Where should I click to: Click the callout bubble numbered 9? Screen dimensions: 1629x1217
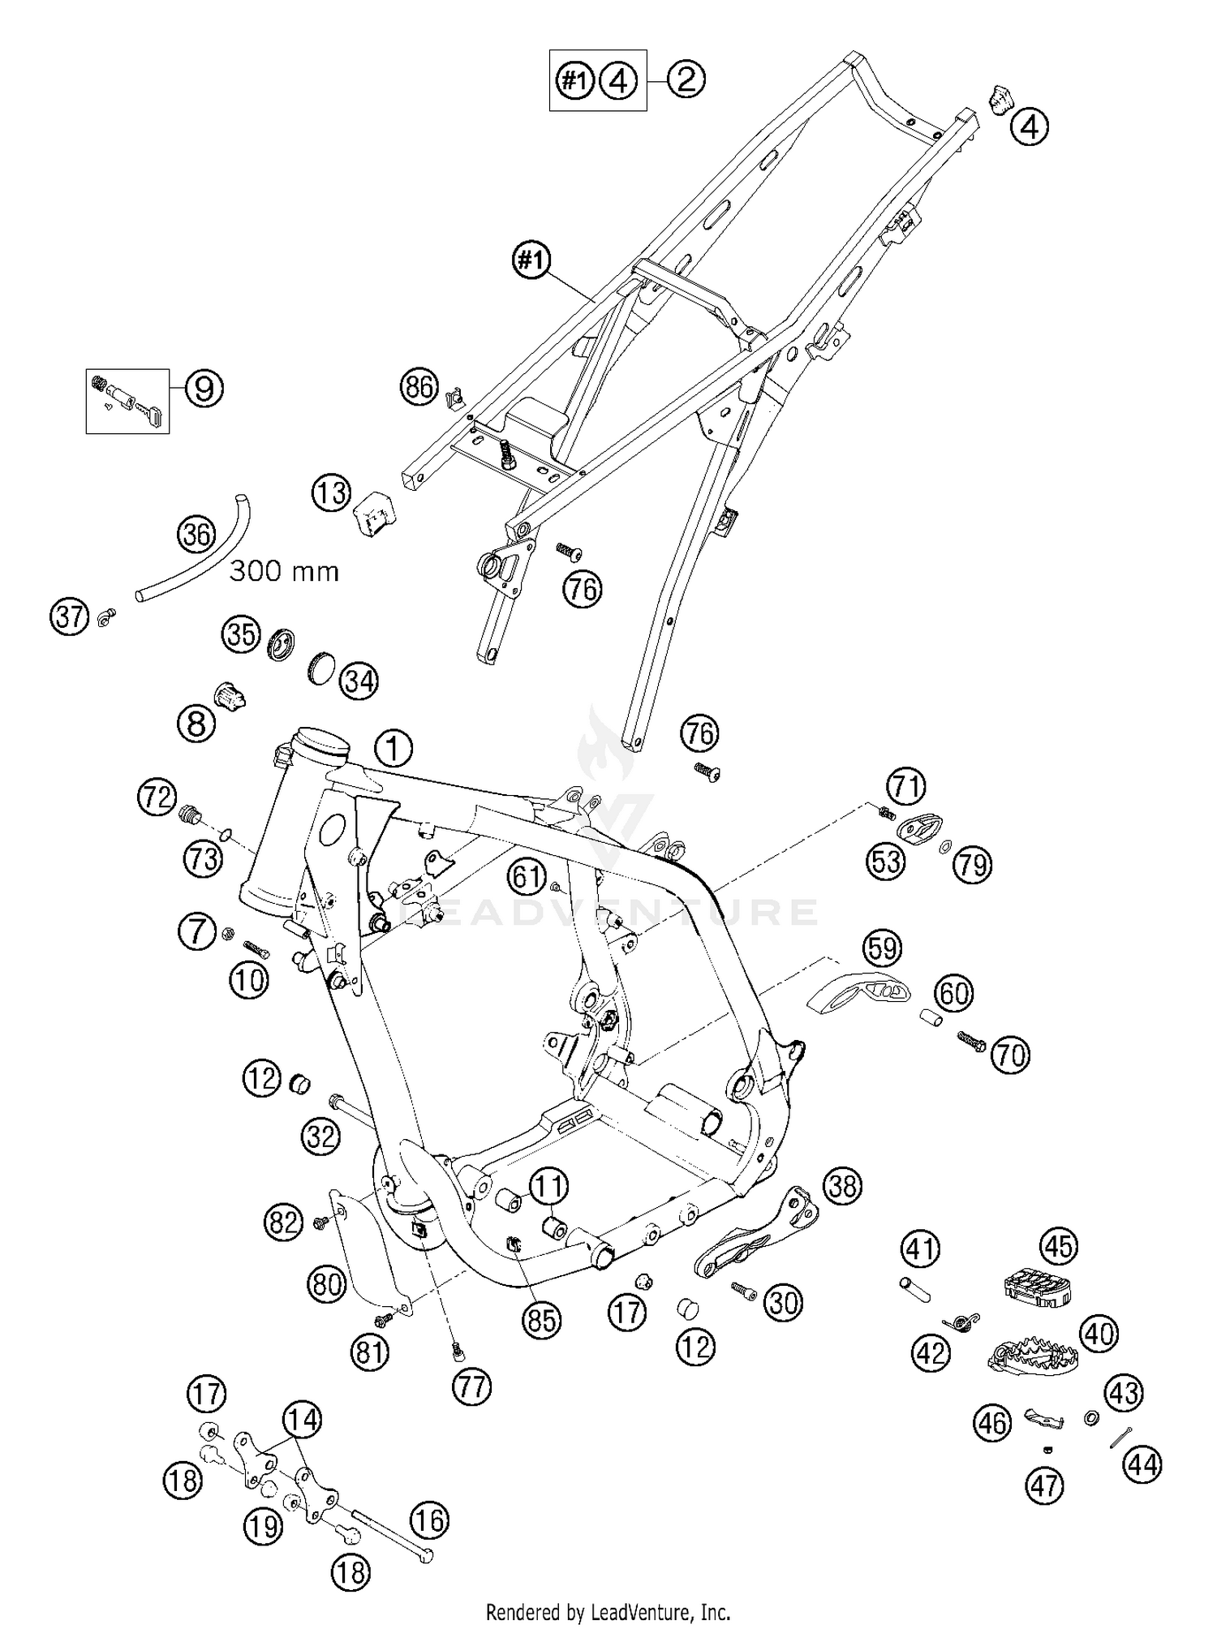(204, 389)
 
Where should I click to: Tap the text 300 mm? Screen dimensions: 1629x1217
(284, 571)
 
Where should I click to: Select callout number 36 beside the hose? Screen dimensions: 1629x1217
(196, 535)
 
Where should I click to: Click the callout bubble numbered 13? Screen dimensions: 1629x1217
(330, 492)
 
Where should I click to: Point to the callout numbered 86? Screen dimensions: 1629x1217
(419, 388)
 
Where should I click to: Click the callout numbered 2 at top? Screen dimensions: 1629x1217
(686, 80)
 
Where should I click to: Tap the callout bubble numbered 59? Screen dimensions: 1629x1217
(883, 948)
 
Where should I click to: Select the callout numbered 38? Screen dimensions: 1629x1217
(843, 1187)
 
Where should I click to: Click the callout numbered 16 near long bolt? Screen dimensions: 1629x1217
(429, 1521)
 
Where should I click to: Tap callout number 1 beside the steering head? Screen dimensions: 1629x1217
(393, 748)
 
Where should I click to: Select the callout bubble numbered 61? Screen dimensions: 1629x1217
(527, 876)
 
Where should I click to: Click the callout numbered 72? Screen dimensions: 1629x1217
(157, 797)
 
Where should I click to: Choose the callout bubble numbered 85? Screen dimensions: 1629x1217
(541, 1321)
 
